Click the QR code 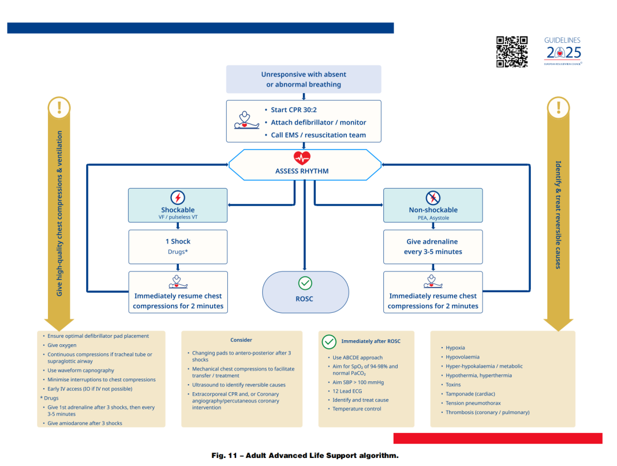511,51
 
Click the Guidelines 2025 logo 563,51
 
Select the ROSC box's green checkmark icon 305,283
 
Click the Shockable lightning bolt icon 178,198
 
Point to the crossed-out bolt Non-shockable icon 433,198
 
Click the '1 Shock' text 178,241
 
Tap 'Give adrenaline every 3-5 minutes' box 433,246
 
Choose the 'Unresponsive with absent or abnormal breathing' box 303,79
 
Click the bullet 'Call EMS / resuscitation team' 318,135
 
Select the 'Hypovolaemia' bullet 462,357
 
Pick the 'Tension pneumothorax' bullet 473,403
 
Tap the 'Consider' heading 241,340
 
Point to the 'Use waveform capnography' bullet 81,371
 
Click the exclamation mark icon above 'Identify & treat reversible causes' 558,107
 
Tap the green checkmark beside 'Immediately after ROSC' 329,341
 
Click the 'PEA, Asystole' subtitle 433,218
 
